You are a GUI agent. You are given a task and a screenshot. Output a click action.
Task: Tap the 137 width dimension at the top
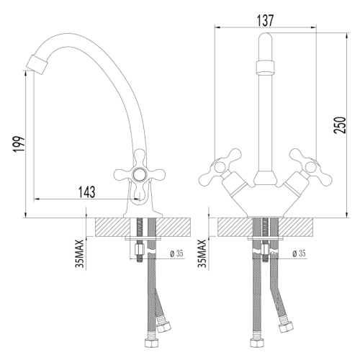coord(265,21)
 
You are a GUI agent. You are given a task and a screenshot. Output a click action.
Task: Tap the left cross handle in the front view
coord(224,163)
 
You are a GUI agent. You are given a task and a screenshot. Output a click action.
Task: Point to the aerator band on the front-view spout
coord(265,68)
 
